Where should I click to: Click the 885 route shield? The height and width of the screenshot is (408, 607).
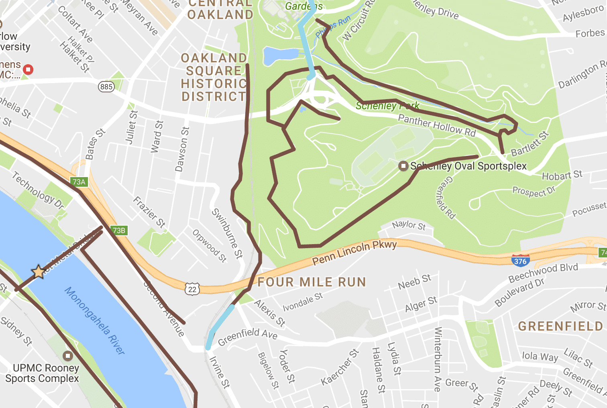coord(106,87)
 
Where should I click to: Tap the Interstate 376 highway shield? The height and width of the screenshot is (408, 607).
coord(520,260)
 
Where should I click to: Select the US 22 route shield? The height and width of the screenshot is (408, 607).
coord(192,289)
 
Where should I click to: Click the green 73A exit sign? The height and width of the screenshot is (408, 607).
coord(79,182)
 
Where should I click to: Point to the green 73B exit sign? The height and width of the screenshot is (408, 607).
coord(119,230)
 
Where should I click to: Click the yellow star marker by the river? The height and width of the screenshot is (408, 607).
coord(39,272)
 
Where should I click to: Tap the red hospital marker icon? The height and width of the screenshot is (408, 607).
coord(28,69)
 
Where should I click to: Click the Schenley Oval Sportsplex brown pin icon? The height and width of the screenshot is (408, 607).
coord(403,166)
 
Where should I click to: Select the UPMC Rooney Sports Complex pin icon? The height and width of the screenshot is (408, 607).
coord(68,356)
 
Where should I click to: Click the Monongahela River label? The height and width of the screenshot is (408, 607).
coord(95,320)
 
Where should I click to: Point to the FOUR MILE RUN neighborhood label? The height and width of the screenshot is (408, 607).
coord(312,282)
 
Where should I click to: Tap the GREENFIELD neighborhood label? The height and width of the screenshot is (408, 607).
coord(560,326)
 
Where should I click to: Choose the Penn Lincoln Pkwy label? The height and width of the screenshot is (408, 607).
coord(354,252)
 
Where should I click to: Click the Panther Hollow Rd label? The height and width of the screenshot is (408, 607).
coord(437,125)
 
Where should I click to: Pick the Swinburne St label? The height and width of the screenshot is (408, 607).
coord(227,233)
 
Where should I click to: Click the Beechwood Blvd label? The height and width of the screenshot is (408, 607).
coord(543,273)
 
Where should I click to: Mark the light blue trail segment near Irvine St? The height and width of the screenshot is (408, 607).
coord(220,327)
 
